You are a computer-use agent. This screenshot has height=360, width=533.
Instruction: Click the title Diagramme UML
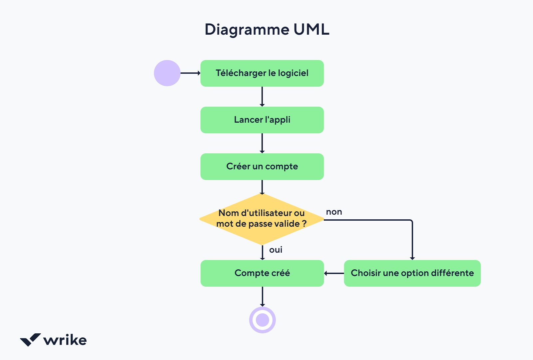pos(267,30)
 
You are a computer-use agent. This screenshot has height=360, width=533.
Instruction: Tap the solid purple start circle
pos(167,73)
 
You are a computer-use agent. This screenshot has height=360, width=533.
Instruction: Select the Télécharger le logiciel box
pos(262,73)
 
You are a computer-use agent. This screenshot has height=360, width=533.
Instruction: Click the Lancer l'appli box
pos(262,120)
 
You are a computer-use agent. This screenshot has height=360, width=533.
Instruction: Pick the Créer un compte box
pos(262,167)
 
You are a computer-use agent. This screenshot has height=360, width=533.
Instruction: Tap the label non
pos(334,212)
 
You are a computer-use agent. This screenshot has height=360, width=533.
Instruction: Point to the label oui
pos(275,250)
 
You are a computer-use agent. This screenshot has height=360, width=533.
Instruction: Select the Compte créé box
pos(262,273)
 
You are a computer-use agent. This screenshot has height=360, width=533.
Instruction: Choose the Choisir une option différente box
pos(412,273)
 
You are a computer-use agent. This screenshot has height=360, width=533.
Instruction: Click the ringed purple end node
pos(263,320)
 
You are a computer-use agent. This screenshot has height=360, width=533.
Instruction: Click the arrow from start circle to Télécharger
pos(190,73)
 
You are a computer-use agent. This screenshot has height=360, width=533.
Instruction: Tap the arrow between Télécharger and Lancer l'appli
pos(262,97)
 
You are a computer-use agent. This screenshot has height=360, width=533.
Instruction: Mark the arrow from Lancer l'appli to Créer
pos(262,143)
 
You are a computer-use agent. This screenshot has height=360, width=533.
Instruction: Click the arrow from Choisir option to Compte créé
pos(334,273)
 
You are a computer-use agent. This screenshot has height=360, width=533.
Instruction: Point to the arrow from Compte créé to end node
pos(263,296)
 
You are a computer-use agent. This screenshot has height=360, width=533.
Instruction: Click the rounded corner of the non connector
pos(411,221)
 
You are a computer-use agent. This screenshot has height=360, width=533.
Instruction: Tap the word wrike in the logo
pos(65,340)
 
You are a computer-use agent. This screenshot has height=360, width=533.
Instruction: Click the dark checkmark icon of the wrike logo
pos(30,340)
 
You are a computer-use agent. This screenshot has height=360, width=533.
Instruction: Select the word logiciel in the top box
pos(293,73)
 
